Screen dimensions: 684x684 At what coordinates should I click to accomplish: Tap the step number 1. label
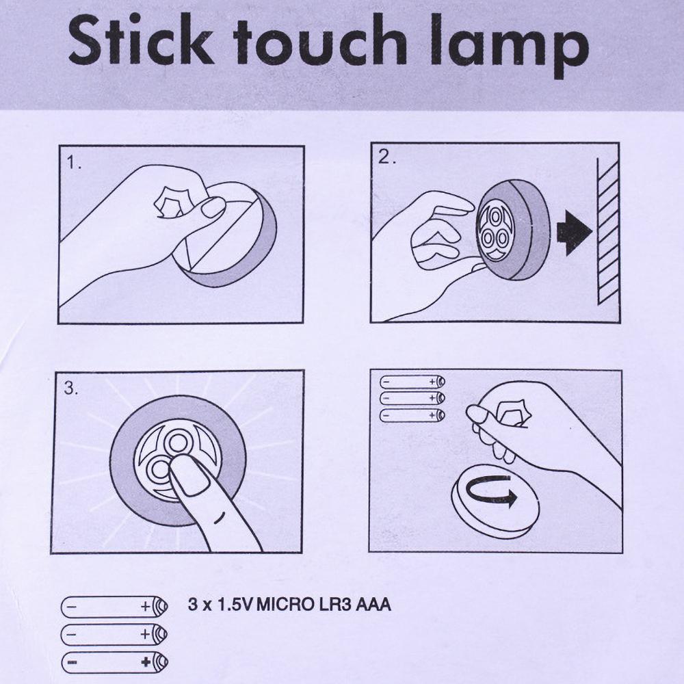click(75, 164)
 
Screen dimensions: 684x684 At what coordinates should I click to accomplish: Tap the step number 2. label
click(387, 157)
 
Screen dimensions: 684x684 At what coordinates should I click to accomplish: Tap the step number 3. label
click(71, 389)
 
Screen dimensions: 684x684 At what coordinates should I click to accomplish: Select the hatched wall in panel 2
click(607, 233)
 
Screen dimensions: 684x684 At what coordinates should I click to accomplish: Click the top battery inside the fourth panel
click(411, 381)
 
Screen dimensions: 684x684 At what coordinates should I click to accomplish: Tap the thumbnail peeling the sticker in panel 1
click(213, 207)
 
